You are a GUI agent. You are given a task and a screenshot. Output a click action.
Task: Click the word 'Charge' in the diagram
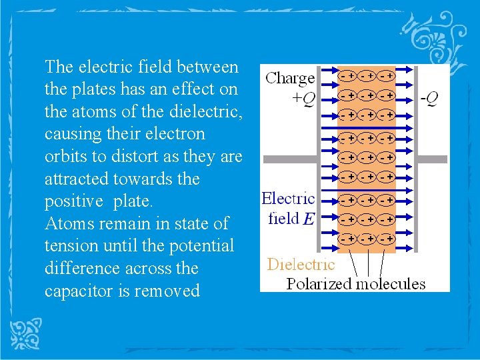tap(290, 79)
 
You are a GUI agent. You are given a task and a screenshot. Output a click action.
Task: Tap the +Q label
tap(299, 99)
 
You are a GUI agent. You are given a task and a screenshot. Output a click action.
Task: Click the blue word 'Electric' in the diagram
tap(288, 198)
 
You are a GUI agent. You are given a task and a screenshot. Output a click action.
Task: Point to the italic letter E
tap(308, 219)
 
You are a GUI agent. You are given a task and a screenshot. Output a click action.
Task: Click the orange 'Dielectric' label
tap(301, 264)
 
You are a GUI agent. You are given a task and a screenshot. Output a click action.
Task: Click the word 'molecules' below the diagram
tap(391, 284)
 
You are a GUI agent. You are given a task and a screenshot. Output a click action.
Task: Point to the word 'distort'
tap(131, 157)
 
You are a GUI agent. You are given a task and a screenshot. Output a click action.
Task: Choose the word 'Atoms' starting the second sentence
tap(67, 223)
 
